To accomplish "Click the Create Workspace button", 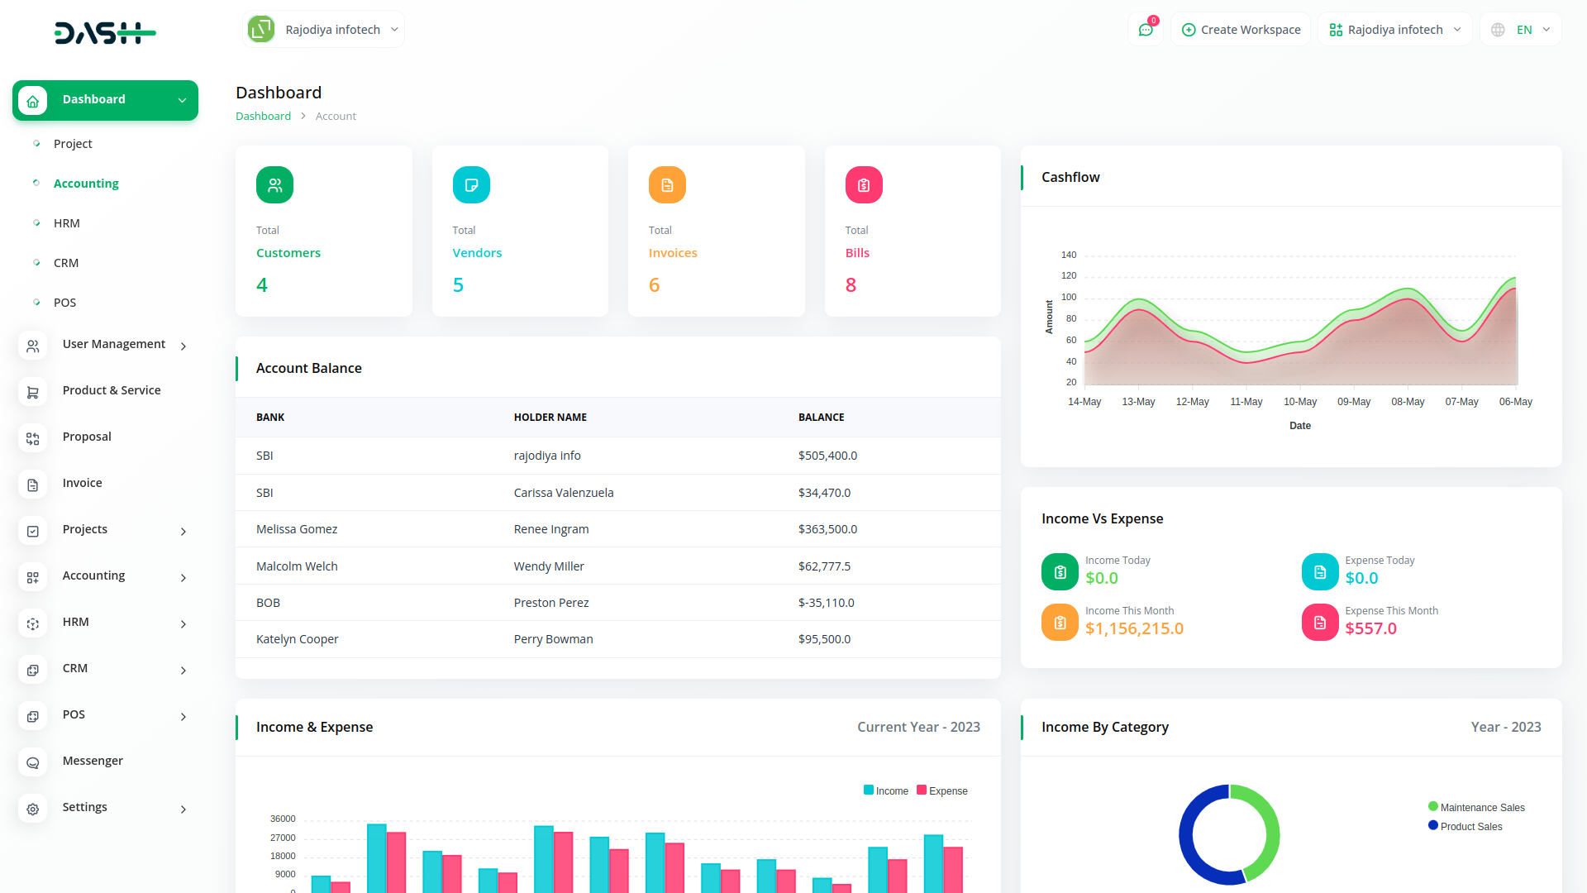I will [1241, 30].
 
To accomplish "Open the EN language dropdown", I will [1522, 30].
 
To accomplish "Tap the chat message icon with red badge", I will [1146, 30].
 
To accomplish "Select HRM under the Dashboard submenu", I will [66, 223].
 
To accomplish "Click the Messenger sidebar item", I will [93, 761].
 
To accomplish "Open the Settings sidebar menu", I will [84, 807].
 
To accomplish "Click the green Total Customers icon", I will [274, 185].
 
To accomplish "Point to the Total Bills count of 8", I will [851, 285].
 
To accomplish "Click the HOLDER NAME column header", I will [550, 418].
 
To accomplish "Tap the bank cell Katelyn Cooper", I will [297, 639].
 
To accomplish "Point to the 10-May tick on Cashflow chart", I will [1300, 402].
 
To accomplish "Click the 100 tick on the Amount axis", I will [1069, 297].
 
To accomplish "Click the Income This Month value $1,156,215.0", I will [1134, 628].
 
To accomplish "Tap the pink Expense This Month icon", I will [1320, 623].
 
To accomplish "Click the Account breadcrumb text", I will [336, 117].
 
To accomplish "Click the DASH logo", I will [105, 33].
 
